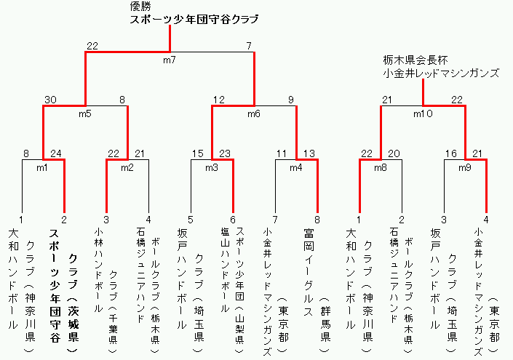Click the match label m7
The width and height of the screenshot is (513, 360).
click(170, 60)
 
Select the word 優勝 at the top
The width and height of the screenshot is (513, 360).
click(140, 7)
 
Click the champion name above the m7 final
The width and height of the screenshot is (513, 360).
click(194, 20)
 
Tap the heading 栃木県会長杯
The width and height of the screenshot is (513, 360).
click(415, 60)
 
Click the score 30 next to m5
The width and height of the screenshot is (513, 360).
click(50, 100)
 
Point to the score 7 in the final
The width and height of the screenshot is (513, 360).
click(250, 46)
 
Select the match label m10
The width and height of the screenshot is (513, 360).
click(423, 113)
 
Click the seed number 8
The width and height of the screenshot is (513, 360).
click(317, 220)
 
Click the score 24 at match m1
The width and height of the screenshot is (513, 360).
click(56, 153)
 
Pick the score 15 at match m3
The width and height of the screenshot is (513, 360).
click(198, 153)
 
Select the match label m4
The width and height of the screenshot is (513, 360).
click(295, 168)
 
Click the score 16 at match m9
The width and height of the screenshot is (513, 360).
click(451, 153)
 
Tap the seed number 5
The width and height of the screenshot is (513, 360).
click(191, 220)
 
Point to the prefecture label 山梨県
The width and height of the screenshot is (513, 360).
click(240, 329)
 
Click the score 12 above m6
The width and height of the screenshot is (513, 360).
click(219, 100)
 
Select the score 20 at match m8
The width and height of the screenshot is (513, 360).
click(394, 153)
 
